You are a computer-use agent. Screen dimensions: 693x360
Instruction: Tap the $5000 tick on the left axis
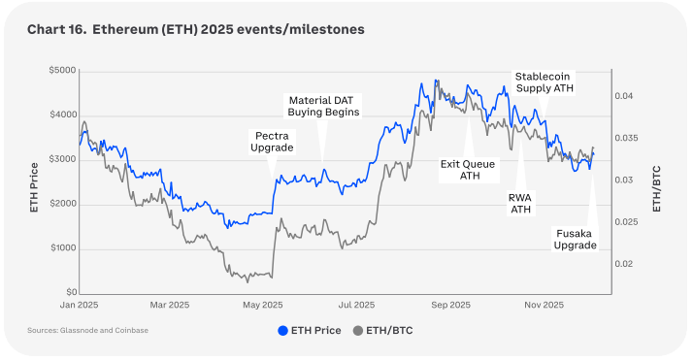[62, 71]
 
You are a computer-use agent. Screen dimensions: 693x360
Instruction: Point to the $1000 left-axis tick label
[63, 247]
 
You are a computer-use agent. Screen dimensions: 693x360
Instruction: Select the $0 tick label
[71, 292]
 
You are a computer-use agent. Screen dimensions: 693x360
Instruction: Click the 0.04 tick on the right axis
[624, 96]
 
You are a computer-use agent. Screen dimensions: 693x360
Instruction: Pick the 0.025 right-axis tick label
[626, 222]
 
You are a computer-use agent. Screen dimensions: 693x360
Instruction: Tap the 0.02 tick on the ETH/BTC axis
[624, 264]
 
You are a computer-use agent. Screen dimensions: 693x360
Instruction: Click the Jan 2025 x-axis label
[80, 305]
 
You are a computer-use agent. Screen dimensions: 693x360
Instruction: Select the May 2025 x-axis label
[262, 305]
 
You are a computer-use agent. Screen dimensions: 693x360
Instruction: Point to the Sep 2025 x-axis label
[450, 305]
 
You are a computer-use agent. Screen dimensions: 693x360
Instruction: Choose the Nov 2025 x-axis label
[544, 305]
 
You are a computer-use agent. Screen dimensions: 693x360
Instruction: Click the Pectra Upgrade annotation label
[272, 142]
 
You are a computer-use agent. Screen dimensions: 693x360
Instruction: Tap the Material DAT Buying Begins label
[323, 106]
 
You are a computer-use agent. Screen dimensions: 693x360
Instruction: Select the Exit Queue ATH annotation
[468, 170]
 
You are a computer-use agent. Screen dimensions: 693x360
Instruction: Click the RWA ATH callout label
[520, 203]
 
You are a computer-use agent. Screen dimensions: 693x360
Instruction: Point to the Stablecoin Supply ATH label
[544, 82]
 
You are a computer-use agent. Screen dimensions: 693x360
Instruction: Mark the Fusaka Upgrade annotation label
[575, 240]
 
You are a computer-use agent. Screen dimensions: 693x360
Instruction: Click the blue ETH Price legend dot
[282, 331]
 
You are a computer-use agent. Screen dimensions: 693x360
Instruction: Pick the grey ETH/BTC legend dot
[358, 331]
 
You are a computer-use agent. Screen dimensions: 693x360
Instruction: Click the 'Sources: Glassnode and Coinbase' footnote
[88, 331]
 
